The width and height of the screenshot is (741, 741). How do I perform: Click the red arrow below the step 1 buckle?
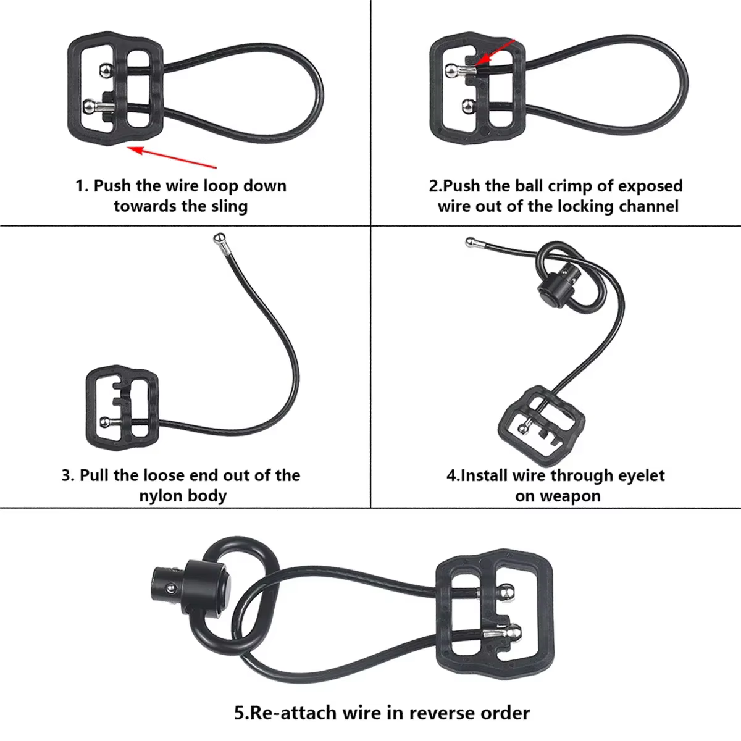click(172, 157)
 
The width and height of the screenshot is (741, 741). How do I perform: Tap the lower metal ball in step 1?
click(89, 106)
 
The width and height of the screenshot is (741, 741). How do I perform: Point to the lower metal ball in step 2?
click(468, 106)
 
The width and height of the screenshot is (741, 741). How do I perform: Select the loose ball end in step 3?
click(219, 239)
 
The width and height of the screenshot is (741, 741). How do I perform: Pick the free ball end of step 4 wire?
click(470, 242)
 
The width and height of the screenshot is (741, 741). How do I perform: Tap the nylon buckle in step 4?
click(542, 427)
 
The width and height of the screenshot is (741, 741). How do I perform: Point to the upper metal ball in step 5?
click(506, 592)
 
